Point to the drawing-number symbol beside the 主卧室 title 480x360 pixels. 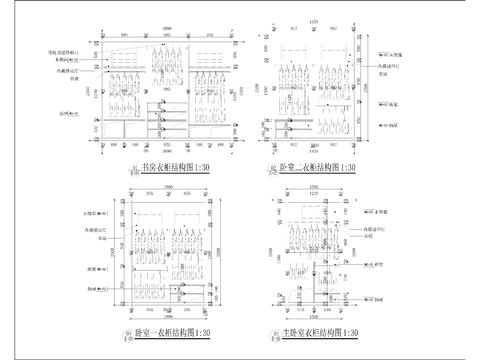273,335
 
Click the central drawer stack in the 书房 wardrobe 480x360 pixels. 157,112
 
